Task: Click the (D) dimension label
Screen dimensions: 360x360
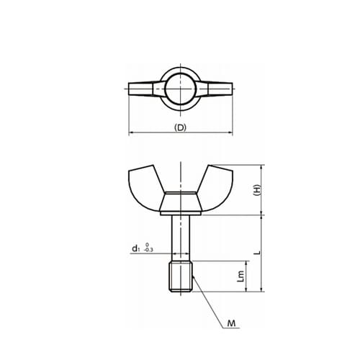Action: click(180, 127)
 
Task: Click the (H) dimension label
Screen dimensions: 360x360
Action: click(257, 190)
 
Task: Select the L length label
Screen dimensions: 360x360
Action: click(258, 253)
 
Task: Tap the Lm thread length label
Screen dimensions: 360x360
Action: click(240, 276)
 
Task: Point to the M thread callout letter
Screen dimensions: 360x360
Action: click(232, 323)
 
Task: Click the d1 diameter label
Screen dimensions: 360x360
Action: click(136, 248)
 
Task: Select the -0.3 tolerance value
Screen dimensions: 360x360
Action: click(148, 250)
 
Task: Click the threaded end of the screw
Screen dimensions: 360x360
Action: click(181, 277)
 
